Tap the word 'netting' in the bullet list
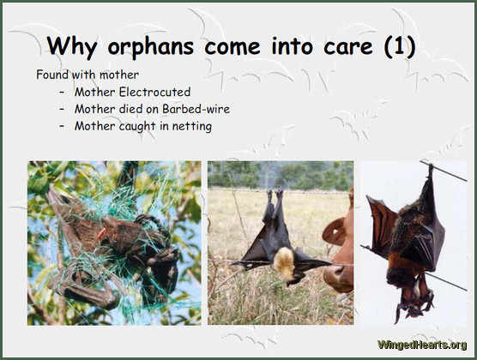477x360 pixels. [x=190, y=126]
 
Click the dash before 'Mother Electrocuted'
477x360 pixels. [x=63, y=92]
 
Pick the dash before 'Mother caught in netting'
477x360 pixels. [x=63, y=126]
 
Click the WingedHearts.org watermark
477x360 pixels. [x=421, y=345]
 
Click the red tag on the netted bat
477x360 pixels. [x=101, y=232]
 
